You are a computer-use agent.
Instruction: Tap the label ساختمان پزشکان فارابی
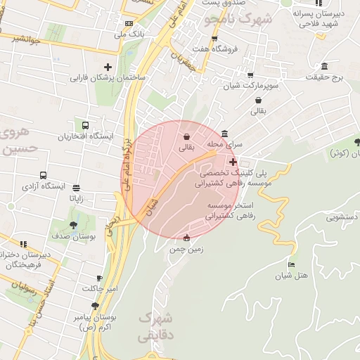[x=107, y=77]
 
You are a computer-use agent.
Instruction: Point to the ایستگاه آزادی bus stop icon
[x=44, y=175]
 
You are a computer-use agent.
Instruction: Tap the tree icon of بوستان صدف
[x=74, y=225]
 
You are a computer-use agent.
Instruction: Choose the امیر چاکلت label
[x=103, y=289]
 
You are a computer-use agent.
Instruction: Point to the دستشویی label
[x=340, y=217]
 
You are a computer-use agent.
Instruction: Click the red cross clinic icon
[x=233, y=162]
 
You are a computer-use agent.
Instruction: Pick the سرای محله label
[x=224, y=144]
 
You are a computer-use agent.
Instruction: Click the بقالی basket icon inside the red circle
[x=186, y=136]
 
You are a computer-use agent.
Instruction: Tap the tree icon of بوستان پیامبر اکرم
[x=96, y=305]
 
